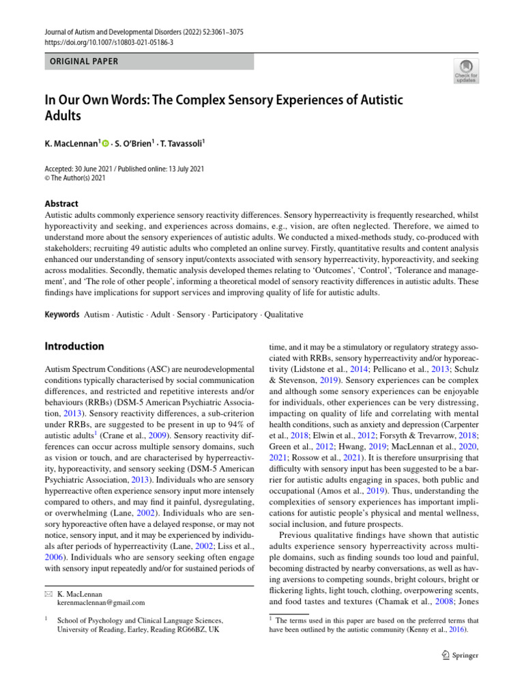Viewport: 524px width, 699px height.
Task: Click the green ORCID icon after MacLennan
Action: click(106, 143)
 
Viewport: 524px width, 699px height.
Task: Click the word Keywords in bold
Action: click(61, 315)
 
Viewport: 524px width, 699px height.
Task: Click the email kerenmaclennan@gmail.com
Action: click(101, 603)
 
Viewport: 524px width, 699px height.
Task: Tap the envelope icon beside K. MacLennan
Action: click(47, 594)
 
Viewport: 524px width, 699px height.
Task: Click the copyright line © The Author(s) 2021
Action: click(75, 178)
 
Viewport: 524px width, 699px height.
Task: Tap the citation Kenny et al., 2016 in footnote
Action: click(433, 629)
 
